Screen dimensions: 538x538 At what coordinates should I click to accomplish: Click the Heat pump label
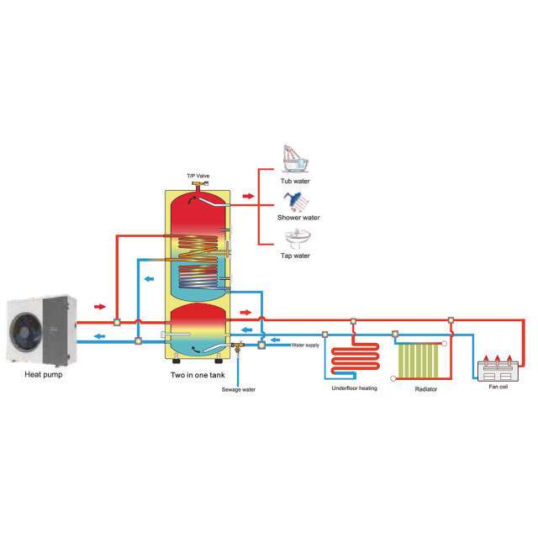point(44,374)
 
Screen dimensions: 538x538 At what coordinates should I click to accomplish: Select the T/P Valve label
point(198,176)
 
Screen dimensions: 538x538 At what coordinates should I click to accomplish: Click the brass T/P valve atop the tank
point(199,186)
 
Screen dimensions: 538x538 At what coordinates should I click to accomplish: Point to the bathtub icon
point(295,160)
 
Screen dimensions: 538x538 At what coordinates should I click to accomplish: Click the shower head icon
point(296,202)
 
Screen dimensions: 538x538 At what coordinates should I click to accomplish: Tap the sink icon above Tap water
point(297,239)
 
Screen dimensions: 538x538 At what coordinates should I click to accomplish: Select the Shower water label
point(298,218)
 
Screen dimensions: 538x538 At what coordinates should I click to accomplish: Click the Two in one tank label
point(198,375)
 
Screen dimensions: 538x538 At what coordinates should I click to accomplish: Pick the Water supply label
point(305,345)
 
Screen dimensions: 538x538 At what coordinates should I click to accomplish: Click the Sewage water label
point(239,389)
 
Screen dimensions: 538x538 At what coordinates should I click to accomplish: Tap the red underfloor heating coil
point(355,360)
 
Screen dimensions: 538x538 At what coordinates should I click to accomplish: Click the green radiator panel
point(419,361)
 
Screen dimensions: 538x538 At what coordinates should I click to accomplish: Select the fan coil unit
point(498,370)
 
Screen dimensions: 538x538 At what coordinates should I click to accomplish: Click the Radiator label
point(426,389)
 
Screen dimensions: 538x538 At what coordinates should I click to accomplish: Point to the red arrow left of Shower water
point(249,196)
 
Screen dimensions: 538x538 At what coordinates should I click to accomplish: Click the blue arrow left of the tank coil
point(150,279)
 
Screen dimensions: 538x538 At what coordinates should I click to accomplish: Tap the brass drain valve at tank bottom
point(237,346)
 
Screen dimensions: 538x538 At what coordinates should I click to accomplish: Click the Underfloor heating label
point(355,388)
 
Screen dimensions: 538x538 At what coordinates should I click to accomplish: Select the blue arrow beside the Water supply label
point(275,340)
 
